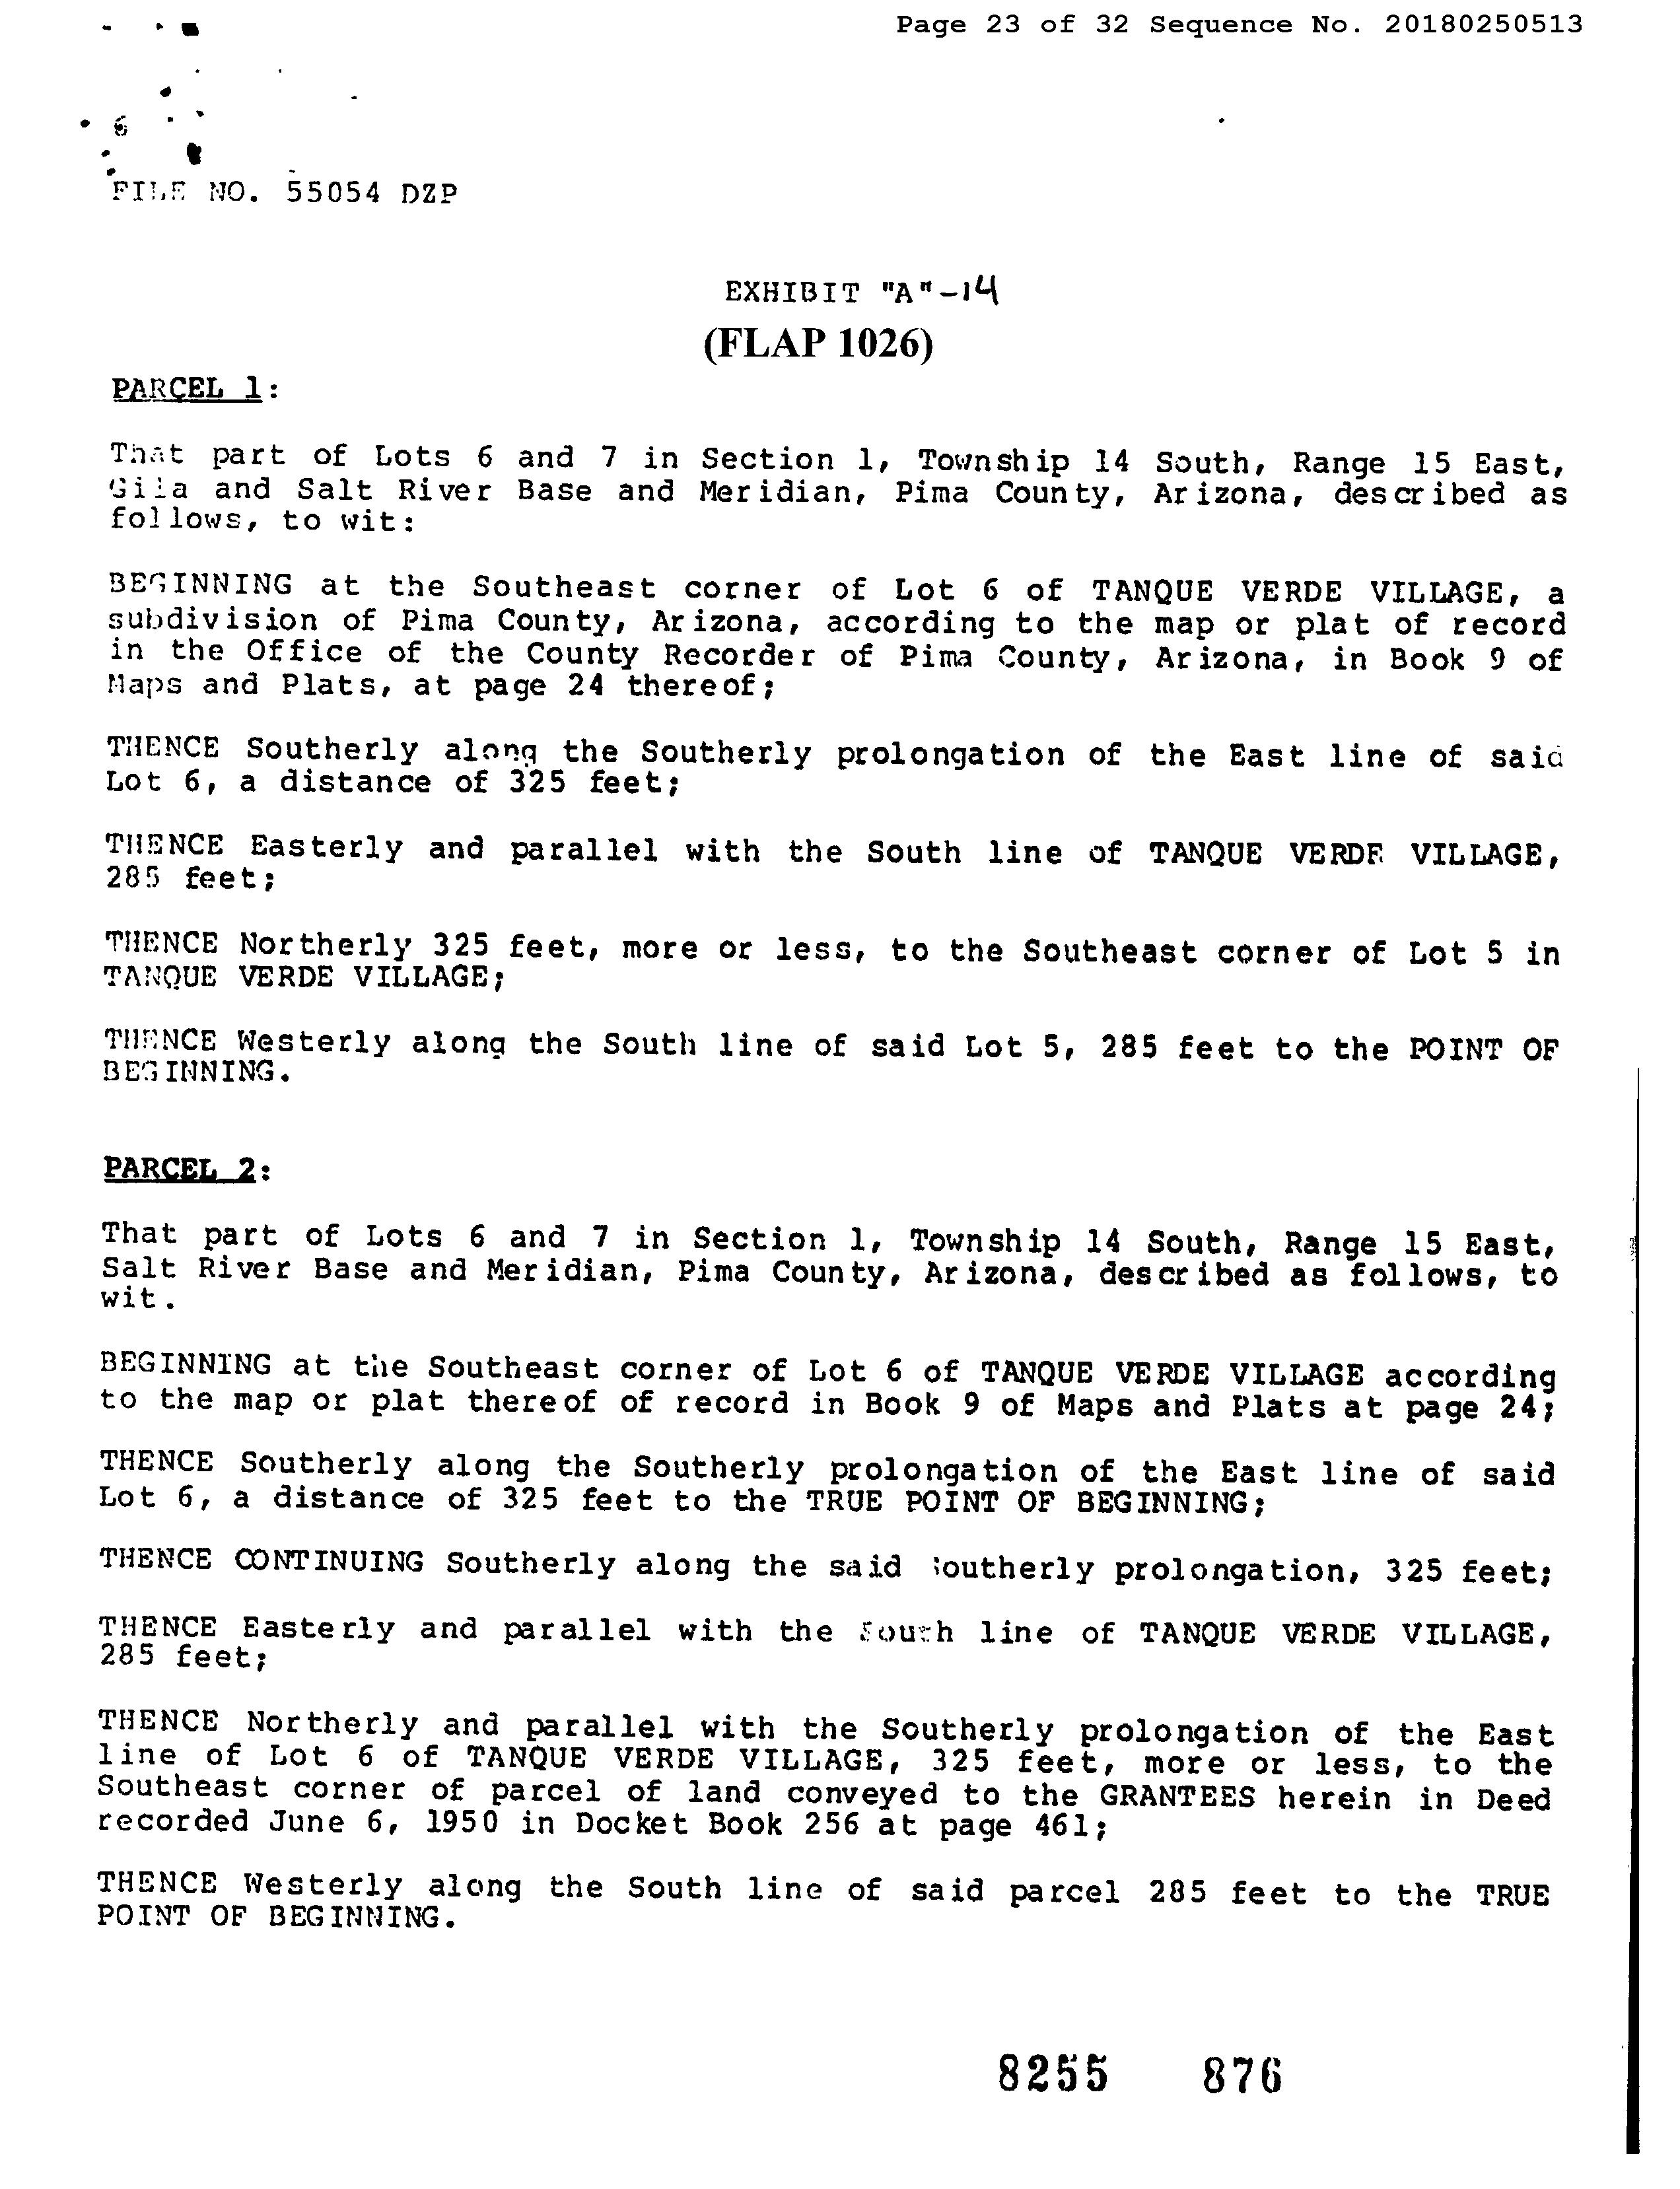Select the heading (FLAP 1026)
[x=818, y=344]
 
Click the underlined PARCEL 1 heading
[x=187, y=388]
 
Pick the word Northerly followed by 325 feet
[x=325, y=945]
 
